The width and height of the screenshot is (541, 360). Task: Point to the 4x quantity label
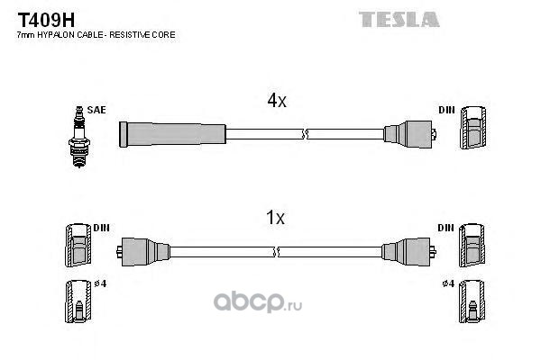276,102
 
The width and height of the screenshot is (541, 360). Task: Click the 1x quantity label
276,217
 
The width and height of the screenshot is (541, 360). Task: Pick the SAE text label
96,110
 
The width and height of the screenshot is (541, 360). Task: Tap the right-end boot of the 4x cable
410,135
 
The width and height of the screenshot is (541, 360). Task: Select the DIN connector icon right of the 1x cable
473,246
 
